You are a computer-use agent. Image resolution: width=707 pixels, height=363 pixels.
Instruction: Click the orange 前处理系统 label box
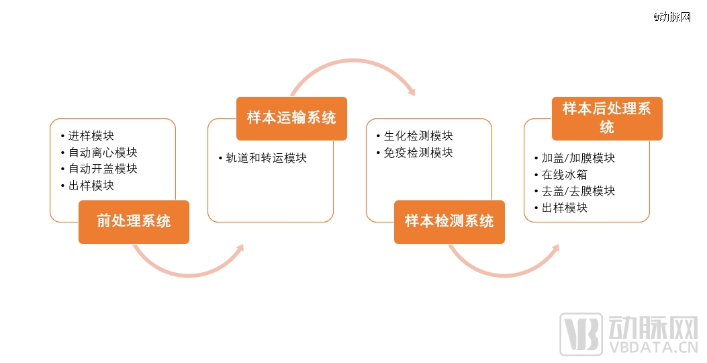(134, 222)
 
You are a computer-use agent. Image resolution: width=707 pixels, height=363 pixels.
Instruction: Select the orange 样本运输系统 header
(291, 118)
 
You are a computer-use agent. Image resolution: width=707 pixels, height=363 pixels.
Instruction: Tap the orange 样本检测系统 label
(450, 222)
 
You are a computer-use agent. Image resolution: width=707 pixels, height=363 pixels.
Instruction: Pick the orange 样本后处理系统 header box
(608, 118)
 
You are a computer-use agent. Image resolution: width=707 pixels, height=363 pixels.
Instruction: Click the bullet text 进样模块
(91, 135)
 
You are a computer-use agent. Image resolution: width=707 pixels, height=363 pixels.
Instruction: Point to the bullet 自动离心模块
(103, 152)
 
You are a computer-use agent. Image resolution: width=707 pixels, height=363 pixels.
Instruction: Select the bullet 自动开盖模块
(103, 169)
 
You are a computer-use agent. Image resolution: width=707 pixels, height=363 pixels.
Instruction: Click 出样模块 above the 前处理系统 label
(91, 186)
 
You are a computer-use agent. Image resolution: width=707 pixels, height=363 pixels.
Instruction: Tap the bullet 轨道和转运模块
(267, 158)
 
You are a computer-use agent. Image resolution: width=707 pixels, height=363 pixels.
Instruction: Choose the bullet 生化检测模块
(418, 135)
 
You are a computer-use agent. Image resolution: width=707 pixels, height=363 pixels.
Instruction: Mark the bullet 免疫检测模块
(418, 153)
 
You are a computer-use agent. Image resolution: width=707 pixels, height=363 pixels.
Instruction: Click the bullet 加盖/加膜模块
(579, 158)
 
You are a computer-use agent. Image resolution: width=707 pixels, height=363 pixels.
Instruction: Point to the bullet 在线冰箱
(565, 175)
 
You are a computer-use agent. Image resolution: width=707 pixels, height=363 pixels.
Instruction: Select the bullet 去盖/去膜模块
(579, 191)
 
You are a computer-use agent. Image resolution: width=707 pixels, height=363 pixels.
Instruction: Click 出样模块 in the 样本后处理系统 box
(565, 208)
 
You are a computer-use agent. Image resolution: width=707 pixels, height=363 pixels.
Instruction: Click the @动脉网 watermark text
(672, 17)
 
